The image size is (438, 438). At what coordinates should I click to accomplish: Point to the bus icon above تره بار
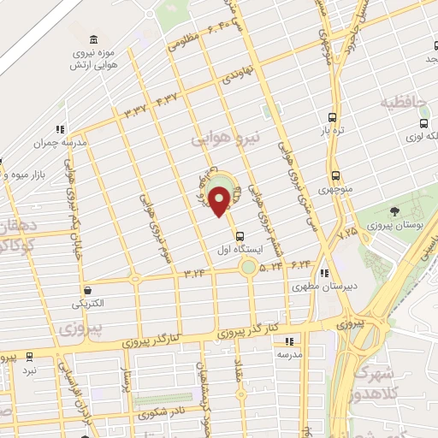coord(332,118)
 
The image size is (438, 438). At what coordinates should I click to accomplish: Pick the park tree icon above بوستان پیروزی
coord(394,211)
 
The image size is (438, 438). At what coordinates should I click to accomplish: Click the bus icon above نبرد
coord(29,356)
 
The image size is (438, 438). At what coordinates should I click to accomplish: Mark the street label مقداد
coord(239,370)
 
